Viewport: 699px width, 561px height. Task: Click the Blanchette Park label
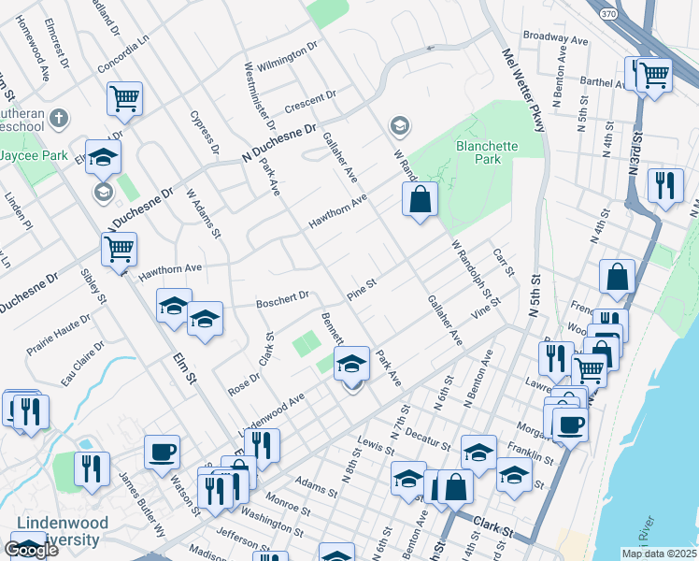[x=478, y=152]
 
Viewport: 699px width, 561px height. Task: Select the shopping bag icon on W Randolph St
[x=420, y=198]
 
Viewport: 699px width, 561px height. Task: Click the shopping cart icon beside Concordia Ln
[x=124, y=97]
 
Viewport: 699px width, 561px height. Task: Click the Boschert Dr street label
[x=283, y=299]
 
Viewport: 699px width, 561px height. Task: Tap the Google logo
[x=31, y=550]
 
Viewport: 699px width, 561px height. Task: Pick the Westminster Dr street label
[x=260, y=96]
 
